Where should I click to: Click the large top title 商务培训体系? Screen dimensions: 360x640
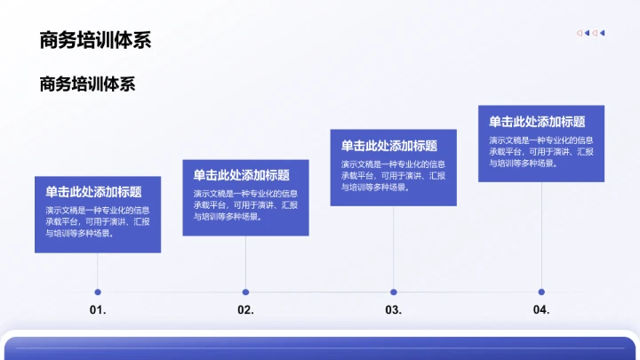(95, 40)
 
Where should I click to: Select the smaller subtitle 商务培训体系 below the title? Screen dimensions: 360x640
(87, 84)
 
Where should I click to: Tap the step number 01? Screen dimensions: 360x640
(98, 311)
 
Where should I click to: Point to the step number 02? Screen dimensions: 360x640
(246, 311)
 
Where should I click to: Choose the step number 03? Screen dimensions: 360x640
(394, 311)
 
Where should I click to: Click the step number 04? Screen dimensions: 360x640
(541, 310)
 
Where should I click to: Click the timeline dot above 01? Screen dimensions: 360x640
(98, 292)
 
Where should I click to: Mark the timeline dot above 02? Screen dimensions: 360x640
(245, 292)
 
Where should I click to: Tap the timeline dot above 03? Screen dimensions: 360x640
(394, 292)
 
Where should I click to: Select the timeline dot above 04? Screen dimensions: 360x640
(541, 292)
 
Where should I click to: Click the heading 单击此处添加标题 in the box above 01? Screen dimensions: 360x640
(93, 191)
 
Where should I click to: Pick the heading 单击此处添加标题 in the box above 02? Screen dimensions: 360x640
(241, 175)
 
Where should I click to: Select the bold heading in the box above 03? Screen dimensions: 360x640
(389, 146)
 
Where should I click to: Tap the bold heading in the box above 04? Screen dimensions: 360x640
(537, 122)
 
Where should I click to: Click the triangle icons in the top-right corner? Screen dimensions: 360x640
(590, 33)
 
